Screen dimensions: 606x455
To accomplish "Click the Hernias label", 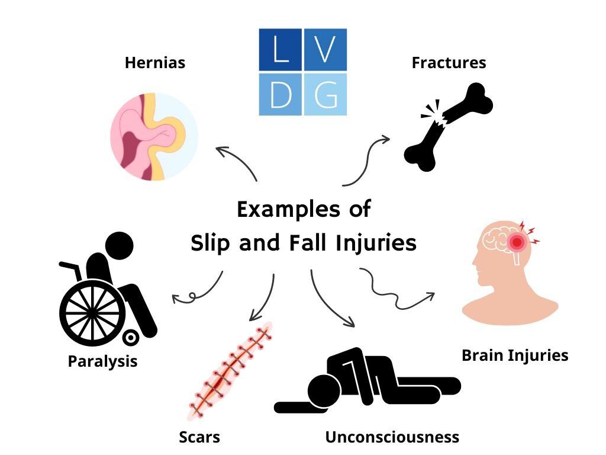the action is click(x=155, y=63).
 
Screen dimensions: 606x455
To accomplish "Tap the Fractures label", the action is click(x=449, y=63).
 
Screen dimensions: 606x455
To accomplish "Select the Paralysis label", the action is click(x=103, y=361).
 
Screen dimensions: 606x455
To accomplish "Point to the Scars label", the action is click(x=199, y=437).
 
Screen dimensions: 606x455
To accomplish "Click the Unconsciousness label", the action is click(x=392, y=437).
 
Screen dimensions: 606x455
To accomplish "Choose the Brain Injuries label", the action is click(x=515, y=355).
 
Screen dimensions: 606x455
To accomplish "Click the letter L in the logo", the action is click(x=281, y=49).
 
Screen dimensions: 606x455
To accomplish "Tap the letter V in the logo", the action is click(x=325, y=49).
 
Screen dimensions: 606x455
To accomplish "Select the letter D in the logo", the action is click(x=281, y=94).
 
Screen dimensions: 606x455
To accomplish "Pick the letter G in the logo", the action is click(x=325, y=94).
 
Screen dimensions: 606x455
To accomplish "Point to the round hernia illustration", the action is click(x=154, y=136).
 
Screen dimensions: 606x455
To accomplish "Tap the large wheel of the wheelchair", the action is click(x=93, y=313).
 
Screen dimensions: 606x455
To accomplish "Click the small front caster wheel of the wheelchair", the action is click(x=131, y=338).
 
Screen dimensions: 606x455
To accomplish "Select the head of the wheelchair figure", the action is click(x=119, y=246).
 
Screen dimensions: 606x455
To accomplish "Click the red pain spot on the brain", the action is click(x=517, y=242).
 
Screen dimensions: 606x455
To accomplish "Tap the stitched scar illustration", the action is click(x=230, y=371).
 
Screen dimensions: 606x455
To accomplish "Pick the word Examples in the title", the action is click(x=288, y=210).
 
